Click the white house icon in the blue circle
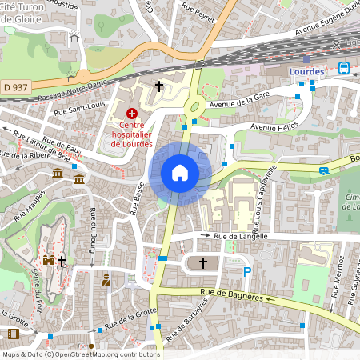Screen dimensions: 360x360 [180, 173]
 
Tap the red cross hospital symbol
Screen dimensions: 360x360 [131, 114]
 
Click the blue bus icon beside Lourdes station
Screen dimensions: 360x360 [343, 68]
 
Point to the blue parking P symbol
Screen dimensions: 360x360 [247, 272]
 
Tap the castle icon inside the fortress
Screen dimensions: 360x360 [48, 261]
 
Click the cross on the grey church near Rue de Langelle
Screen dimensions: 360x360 [203, 262]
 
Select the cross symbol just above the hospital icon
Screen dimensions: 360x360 [158, 85]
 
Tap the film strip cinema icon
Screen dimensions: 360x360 [13, 334]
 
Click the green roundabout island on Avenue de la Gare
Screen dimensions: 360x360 [193, 106]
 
